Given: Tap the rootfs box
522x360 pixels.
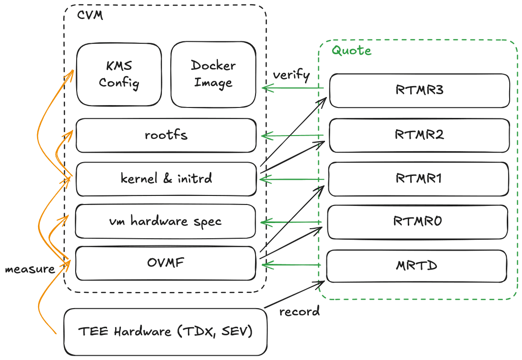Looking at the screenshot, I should point(166,135).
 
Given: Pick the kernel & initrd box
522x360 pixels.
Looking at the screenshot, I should point(166,179).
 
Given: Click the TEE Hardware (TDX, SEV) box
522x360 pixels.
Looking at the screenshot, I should point(165,331).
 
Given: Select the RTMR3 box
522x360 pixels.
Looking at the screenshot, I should point(419,90).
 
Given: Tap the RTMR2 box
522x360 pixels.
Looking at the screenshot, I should point(419,135).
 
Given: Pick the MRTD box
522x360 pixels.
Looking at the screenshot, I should point(416,265).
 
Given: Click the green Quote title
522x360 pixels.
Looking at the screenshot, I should point(351,50).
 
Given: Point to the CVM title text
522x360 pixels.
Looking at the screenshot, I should point(89,15).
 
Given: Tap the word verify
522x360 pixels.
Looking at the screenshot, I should point(291,75).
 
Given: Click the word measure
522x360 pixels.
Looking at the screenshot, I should point(30,269).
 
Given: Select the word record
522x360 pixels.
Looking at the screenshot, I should point(299,312).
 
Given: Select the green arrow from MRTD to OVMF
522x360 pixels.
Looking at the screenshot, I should point(293,264).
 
